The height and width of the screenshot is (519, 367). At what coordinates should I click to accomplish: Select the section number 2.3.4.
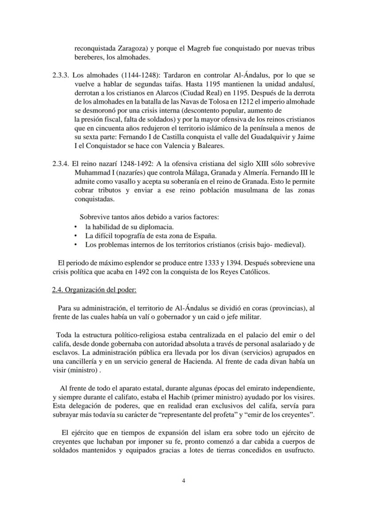click(60, 163)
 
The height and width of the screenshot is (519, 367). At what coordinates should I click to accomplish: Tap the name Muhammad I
click(94, 172)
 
